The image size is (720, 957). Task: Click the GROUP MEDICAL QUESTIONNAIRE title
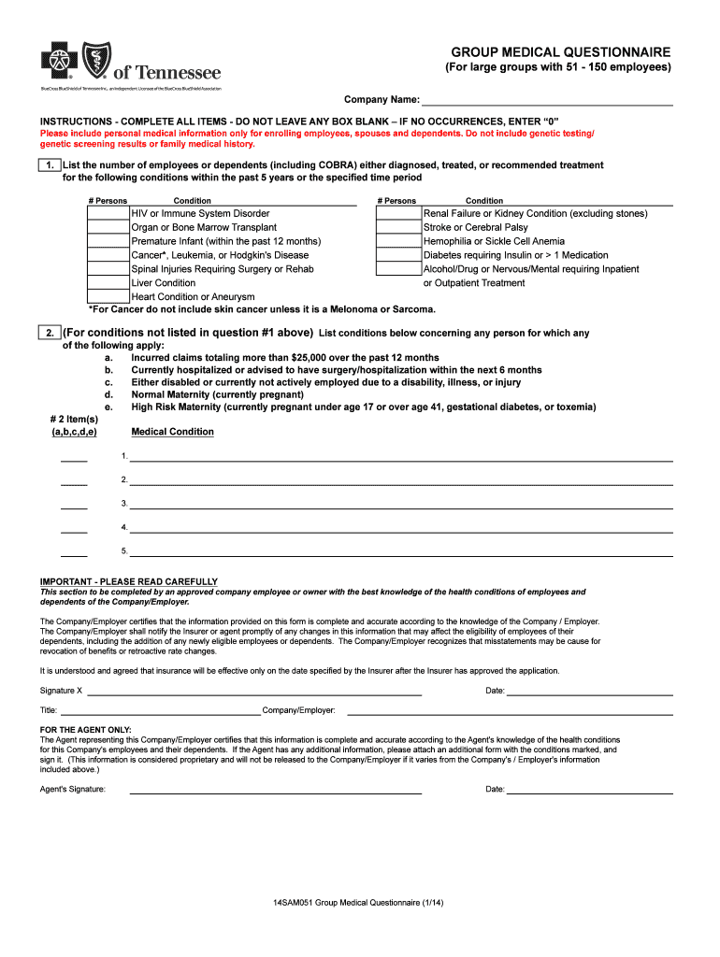(560, 51)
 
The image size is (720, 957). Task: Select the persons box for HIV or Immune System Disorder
(108, 214)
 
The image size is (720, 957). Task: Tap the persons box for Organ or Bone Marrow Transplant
(108, 227)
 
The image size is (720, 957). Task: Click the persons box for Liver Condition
(108, 282)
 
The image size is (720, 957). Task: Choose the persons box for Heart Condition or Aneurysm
(108, 296)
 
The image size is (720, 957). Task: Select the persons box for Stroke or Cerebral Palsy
(398, 227)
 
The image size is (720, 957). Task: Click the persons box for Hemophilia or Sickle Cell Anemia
(398, 241)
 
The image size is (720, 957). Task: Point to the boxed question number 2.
(49, 333)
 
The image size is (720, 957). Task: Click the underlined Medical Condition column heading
(172, 432)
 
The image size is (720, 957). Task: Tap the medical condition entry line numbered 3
(400, 505)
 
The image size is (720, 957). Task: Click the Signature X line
(253, 692)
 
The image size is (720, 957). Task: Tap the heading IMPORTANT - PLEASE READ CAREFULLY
(128, 581)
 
